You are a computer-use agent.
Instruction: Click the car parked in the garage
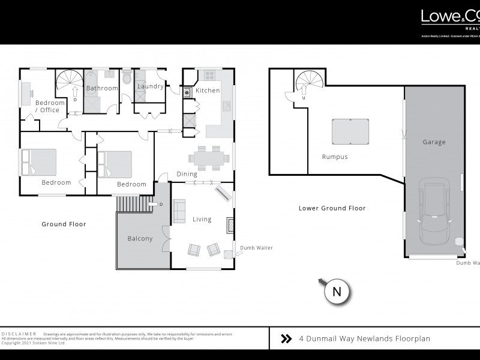point(433,210)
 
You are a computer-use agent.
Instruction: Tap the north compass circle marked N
point(337,292)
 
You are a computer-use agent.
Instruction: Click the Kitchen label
point(208,91)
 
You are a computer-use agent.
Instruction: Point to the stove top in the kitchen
point(210,76)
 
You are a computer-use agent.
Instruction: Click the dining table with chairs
point(208,158)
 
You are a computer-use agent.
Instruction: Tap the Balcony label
point(140,238)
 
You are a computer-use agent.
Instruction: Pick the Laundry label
point(150,86)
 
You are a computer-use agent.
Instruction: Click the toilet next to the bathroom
point(127,79)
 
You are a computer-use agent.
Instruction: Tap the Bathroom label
point(101,88)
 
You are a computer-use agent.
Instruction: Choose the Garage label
point(434,142)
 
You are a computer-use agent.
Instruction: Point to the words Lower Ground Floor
point(332,208)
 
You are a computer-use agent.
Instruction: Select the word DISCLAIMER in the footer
point(19,334)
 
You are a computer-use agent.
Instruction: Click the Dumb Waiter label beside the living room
point(256,247)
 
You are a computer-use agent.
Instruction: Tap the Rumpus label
point(335,157)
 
